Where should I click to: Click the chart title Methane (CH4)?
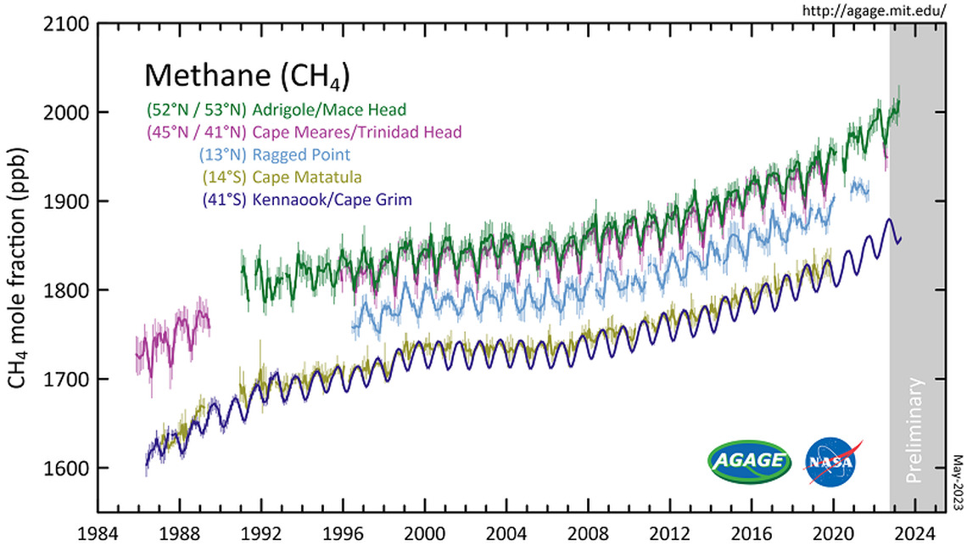pos(248,76)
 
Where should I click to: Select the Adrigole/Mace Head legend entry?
pos(277,110)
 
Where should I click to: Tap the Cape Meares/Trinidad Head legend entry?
pos(304,132)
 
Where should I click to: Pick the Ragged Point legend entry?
pos(275,155)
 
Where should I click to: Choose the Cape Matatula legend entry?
pos(282,177)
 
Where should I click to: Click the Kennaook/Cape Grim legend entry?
pos(307,200)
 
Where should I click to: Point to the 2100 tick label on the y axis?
pos(67,25)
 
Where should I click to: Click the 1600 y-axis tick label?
pos(67,468)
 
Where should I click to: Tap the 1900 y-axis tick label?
pos(67,201)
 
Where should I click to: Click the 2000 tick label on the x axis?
pos(424,533)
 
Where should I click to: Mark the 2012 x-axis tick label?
pos(670,533)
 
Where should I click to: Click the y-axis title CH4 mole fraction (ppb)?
pos(17,268)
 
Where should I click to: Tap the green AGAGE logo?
pos(749,461)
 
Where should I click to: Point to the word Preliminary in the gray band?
pos(915,431)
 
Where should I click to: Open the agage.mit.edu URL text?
pos(873,10)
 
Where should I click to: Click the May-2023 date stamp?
pos(959,483)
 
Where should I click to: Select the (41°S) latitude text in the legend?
pos(225,200)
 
